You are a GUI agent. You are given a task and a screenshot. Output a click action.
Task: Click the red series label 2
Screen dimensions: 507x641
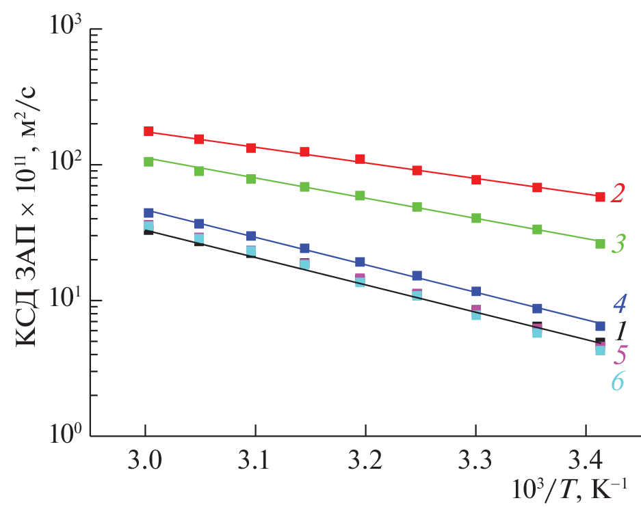[618, 194]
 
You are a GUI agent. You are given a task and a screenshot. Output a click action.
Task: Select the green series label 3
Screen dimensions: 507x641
[618, 244]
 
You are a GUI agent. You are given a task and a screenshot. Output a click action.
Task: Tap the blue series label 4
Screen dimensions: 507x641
[619, 303]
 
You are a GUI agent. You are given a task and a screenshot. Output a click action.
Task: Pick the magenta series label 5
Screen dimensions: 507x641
[619, 355]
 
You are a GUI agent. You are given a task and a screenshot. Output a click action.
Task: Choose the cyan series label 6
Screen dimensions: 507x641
[618, 381]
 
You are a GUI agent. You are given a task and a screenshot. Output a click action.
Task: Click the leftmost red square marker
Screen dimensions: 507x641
[148, 131]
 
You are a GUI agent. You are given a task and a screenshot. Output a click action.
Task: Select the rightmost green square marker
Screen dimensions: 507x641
[600, 243]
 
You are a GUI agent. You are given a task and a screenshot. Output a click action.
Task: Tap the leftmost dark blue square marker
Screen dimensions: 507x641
[148, 213]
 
